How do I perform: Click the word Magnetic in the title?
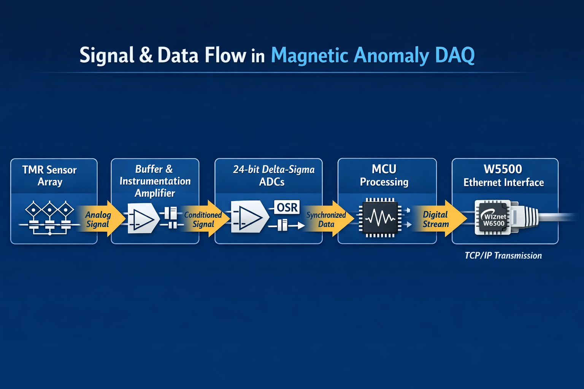click(310, 56)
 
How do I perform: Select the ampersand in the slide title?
click(146, 55)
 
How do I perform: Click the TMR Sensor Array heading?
click(49, 176)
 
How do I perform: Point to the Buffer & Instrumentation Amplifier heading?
click(155, 181)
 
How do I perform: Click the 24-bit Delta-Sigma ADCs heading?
click(273, 176)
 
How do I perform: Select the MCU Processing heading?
click(384, 176)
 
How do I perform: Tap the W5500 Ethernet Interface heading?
click(503, 176)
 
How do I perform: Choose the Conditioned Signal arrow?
click(205, 219)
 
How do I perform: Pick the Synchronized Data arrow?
click(329, 219)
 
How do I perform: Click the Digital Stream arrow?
click(441, 219)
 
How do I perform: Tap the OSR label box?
click(287, 207)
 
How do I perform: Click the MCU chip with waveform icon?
click(380, 218)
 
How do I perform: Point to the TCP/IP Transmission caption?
click(503, 256)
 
